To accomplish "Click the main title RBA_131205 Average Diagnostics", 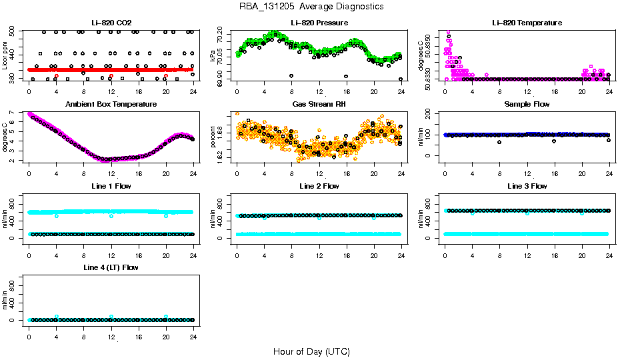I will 311,7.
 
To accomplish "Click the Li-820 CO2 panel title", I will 111,23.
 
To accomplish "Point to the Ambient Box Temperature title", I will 111,105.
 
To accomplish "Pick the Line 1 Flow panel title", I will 111,186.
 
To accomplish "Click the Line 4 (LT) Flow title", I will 111,267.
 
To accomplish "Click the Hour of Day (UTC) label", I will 311,351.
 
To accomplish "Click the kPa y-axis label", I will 213,55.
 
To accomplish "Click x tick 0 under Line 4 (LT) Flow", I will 29,336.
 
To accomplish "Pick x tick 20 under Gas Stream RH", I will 374,173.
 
